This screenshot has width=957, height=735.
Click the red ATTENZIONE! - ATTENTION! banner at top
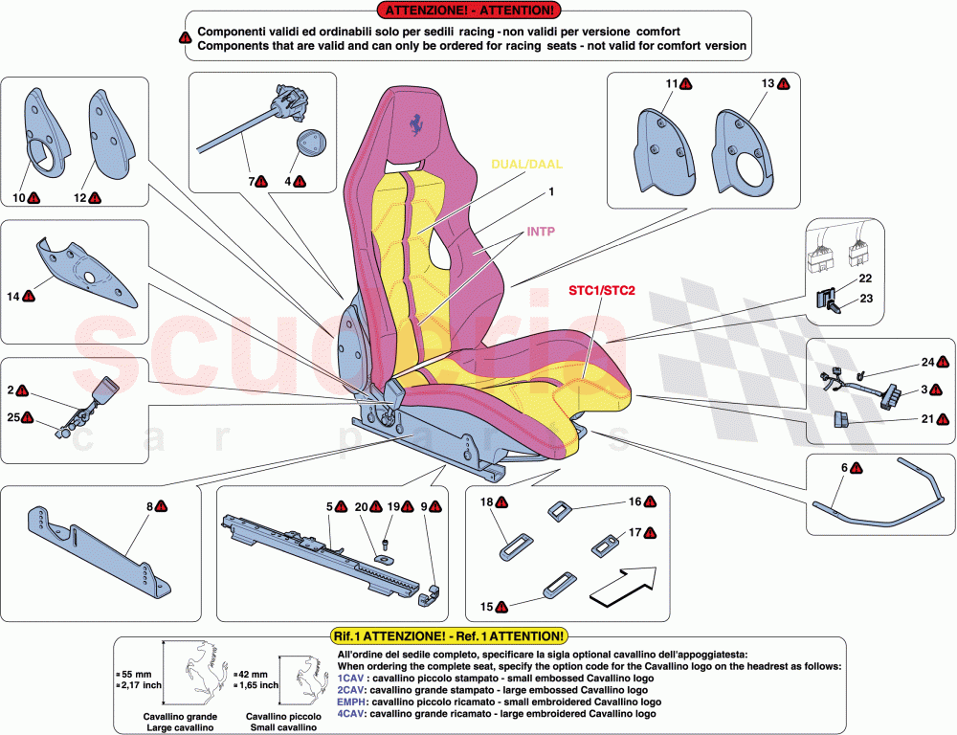point(468,11)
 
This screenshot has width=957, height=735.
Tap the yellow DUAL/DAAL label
point(526,164)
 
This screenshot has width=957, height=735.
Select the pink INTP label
point(514,232)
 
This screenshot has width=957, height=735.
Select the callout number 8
point(148,505)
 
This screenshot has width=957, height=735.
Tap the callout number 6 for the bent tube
point(844,468)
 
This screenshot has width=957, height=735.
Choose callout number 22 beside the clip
point(865,278)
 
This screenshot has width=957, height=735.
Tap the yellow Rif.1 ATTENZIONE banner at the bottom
point(449,635)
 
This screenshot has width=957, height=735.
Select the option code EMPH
point(351,702)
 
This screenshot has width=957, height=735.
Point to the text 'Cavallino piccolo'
point(282,716)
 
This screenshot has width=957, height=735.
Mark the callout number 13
point(767,84)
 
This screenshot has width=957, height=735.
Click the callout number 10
point(19,198)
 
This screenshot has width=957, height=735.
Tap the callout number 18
point(486,502)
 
